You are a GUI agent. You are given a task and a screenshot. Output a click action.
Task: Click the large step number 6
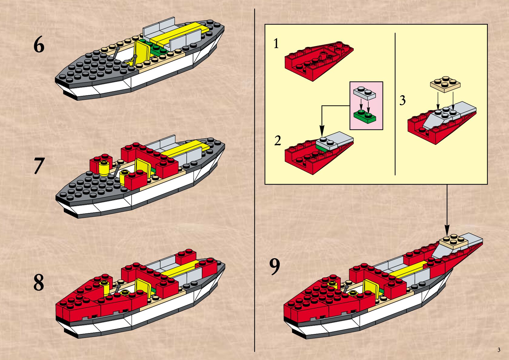[39, 45]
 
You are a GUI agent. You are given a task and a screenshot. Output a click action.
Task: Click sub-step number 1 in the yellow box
[276, 44]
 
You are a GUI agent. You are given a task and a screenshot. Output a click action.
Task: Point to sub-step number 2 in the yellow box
[277, 141]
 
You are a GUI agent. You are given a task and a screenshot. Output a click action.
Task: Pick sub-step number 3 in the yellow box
[402, 100]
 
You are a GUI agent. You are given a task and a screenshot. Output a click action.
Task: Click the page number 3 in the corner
[499, 350]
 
